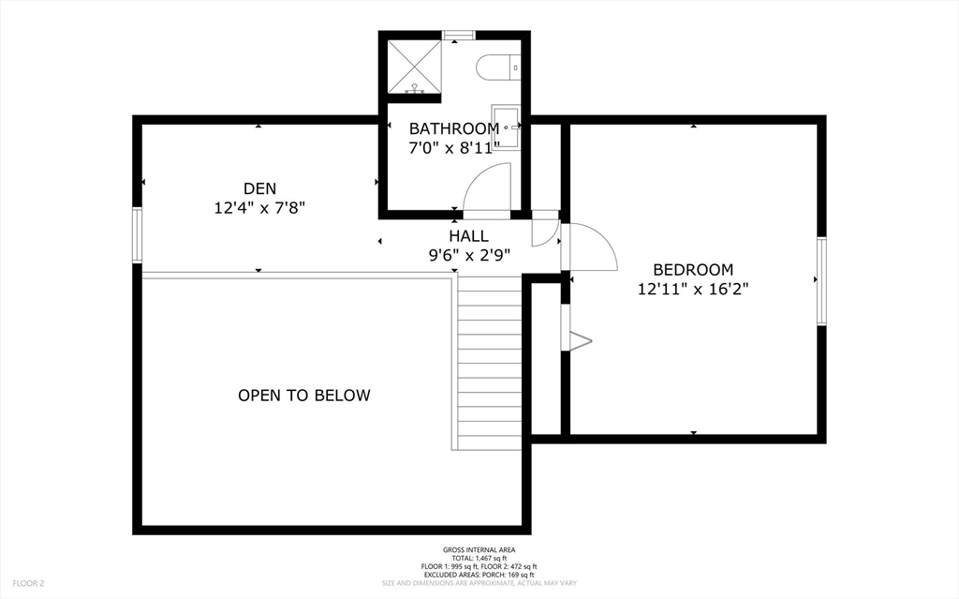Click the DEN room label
tap(259, 187)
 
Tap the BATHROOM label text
tap(453, 128)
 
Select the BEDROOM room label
tap(693, 269)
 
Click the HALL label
tap(468, 235)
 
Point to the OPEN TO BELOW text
tap(303, 396)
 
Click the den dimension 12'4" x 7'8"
tap(259, 207)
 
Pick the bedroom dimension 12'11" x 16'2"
tap(693, 290)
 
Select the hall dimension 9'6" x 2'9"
tap(468, 254)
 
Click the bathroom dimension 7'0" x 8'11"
tap(453, 147)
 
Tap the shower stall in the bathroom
tap(414, 66)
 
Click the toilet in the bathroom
tap(495, 67)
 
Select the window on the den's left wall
tap(137, 235)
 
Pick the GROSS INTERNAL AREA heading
tap(479, 549)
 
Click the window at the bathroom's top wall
tap(459, 37)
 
